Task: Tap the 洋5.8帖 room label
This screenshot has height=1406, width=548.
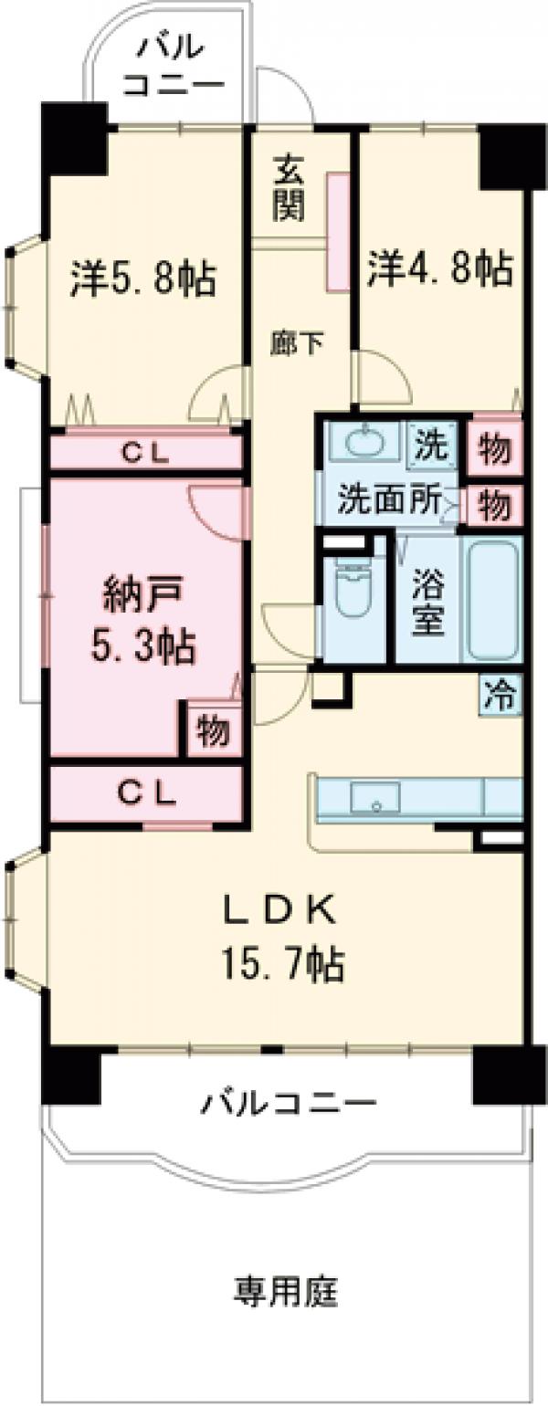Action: (143, 278)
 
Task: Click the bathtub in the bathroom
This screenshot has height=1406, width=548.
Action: (492, 598)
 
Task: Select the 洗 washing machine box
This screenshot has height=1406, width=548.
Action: (433, 444)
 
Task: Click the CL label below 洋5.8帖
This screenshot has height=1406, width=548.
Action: (146, 453)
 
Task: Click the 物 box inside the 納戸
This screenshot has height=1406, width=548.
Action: (212, 730)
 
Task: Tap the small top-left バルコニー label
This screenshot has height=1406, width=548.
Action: (174, 64)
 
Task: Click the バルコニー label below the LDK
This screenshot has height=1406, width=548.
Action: (289, 1103)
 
